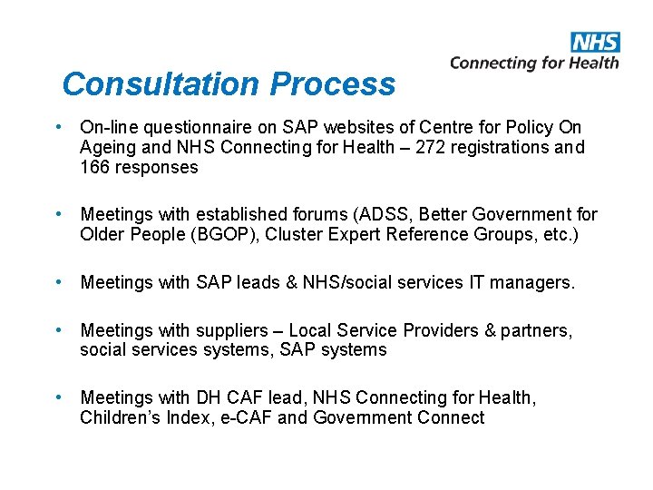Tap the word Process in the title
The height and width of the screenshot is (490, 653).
(333, 84)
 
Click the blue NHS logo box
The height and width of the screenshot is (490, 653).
(595, 42)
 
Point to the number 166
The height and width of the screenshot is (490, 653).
(94, 167)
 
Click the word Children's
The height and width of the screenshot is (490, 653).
(116, 417)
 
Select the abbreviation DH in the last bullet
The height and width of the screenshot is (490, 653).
(206, 397)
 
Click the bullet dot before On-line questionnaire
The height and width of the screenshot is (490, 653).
(57, 126)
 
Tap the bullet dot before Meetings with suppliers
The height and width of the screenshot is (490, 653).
(57, 329)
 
